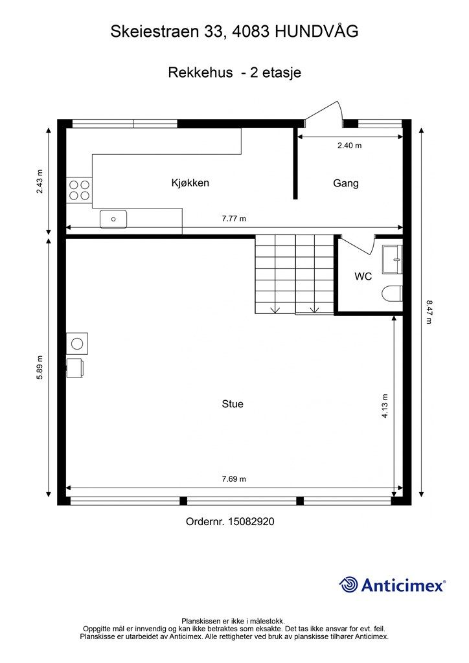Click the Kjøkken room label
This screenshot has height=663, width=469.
[x=190, y=183]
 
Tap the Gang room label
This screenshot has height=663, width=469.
[x=345, y=183]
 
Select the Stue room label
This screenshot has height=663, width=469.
[x=233, y=404]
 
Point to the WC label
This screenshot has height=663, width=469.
[x=363, y=276]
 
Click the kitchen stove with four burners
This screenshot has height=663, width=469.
[x=79, y=190]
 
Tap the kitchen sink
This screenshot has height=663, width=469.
[x=113, y=219]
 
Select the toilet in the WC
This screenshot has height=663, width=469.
[x=392, y=295]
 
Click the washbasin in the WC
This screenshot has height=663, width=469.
[x=393, y=259]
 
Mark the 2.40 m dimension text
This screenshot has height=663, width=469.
[x=349, y=146]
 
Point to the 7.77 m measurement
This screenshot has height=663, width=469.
[x=234, y=219]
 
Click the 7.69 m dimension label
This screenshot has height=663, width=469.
[x=234, y=479]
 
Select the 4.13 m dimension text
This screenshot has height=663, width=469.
[x=385, y=406]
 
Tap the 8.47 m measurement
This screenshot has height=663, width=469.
[x=429, y=312]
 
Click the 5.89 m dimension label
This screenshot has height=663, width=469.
[x=40, y=367]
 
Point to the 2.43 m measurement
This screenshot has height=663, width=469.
[x=40, y=181]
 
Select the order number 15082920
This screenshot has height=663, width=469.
[x=251, y=521]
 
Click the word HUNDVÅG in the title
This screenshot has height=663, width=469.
[x=316, y=31]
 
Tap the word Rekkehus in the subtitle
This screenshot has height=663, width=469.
[x=200, y=73]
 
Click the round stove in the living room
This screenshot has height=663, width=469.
[x=77, y=343]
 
